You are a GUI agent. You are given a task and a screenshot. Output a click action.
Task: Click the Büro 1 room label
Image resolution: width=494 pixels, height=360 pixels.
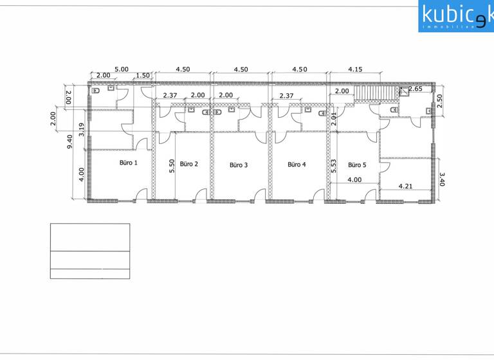point(128,163)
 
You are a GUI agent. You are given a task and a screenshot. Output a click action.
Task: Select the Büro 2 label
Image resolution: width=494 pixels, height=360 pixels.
point(188,164)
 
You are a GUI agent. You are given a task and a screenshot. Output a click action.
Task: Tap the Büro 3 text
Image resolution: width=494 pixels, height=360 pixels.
point(239,165)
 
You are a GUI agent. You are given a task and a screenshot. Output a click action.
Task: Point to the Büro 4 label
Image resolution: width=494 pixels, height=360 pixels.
point(297,165)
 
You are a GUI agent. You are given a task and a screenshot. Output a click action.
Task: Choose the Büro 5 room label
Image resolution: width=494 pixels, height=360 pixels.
point(357,165)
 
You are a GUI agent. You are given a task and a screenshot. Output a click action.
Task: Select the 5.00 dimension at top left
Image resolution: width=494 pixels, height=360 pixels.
point(121,69)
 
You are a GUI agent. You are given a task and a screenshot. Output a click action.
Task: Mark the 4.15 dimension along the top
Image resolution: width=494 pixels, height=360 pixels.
point(356,69)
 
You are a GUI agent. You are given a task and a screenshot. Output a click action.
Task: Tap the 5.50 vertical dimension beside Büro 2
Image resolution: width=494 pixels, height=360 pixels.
point(172,166)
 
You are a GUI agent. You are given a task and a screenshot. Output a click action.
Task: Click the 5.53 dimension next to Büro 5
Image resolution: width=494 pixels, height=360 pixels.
point(334,166)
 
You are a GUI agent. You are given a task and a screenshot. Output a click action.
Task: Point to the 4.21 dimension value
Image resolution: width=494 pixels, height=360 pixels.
point(406,187)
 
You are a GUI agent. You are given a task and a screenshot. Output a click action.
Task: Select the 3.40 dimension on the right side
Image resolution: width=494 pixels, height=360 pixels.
point(441,178)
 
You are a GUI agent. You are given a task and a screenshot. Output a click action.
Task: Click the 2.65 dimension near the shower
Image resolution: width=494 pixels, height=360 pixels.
point(415,89)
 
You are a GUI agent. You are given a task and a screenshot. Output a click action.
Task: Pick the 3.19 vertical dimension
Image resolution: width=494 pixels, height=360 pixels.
point(82,129)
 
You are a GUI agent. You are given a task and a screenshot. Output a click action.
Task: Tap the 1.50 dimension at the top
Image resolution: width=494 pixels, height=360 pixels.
point(143,76)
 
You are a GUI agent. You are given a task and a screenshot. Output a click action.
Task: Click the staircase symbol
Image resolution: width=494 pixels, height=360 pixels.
point(369,95)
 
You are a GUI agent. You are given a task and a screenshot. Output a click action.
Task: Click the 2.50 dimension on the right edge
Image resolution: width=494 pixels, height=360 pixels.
point(439,102)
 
